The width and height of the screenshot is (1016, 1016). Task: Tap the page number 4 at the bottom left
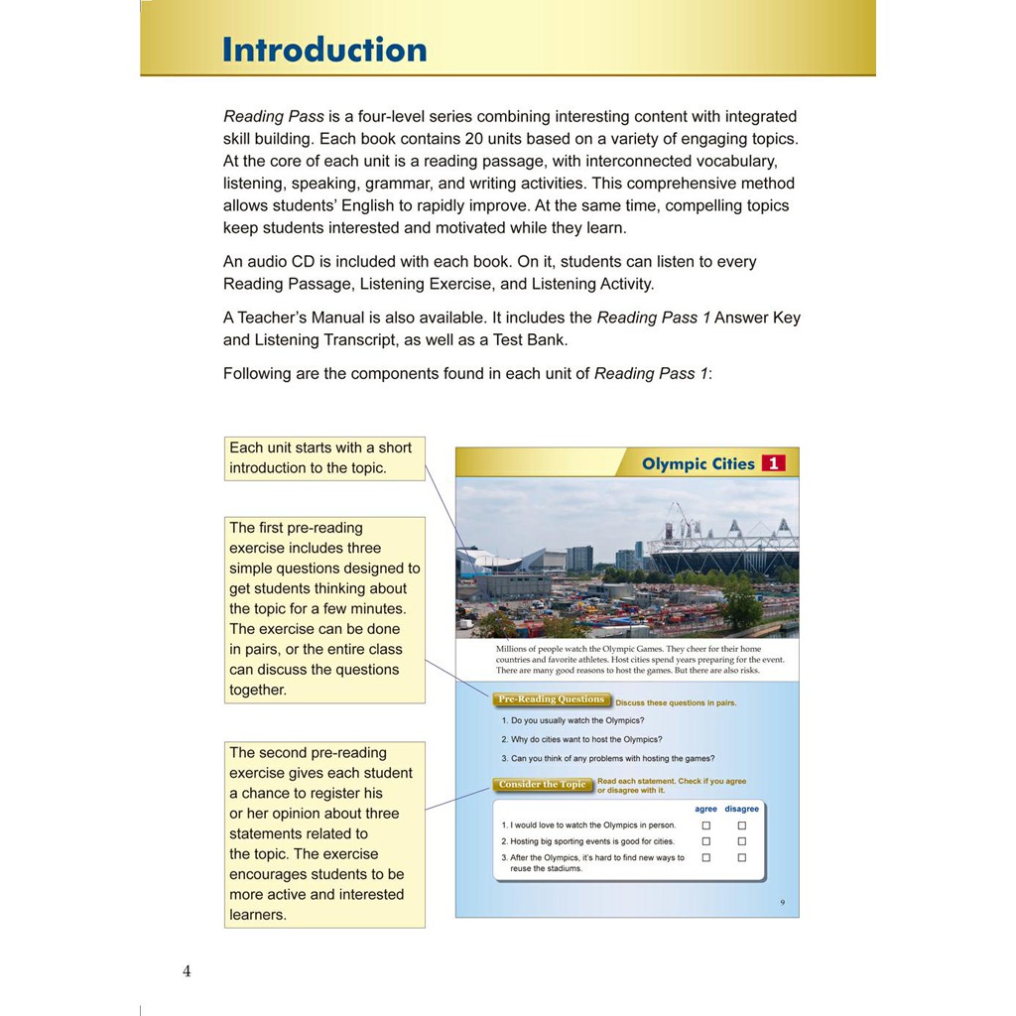tap(187, 971)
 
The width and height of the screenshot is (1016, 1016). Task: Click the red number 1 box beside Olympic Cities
tap(773, 463)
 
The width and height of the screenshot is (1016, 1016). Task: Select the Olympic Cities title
tap(698, 463)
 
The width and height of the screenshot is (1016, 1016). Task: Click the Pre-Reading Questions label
tap(551, 699)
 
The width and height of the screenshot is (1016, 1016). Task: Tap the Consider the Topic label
tap(542, 785)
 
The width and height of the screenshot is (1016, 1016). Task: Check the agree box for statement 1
tap(706, 825)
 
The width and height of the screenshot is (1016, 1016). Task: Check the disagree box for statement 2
tap(741, 841)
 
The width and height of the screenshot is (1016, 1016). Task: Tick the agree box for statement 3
tap(706, 857)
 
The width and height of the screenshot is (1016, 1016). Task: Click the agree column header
tap(705, 809)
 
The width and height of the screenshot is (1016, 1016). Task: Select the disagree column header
tap(741, 809)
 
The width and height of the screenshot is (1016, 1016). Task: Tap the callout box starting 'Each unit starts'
tap(323, 458)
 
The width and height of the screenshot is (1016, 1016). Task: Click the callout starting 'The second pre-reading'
tap(323, 833)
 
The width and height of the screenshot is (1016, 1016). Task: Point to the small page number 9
tap(782, 902)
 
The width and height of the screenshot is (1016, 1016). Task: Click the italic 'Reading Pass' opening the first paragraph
tap(274, 116)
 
